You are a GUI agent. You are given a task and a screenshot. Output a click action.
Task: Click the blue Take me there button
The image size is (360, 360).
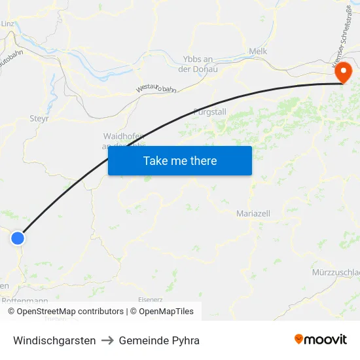coord(179,160)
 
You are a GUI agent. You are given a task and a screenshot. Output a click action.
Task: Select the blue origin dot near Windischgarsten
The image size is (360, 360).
coord(18,238)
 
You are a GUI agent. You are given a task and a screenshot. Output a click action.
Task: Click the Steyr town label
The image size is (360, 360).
coord(39,119)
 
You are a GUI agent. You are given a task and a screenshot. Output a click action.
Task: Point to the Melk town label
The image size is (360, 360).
coord(258,51)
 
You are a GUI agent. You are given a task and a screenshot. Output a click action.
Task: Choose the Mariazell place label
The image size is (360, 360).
coord(253,213)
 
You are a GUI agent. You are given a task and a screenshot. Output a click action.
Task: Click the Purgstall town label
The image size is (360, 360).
coord(210,112)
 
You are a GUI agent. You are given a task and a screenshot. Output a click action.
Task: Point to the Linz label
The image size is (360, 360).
coord(8,24)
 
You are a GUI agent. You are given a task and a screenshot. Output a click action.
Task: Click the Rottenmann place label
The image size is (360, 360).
coord(25,300)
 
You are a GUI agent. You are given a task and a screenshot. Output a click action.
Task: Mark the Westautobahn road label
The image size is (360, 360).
coord(156,88)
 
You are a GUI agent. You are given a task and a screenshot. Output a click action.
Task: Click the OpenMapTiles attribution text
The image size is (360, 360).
coord(166,312)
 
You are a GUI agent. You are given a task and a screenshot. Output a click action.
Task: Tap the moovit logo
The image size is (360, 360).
coord(321,340)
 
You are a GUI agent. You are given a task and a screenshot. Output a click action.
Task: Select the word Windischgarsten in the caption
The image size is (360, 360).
coord(54,340)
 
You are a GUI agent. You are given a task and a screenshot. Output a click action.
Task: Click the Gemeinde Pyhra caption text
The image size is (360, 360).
coord(159,340)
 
